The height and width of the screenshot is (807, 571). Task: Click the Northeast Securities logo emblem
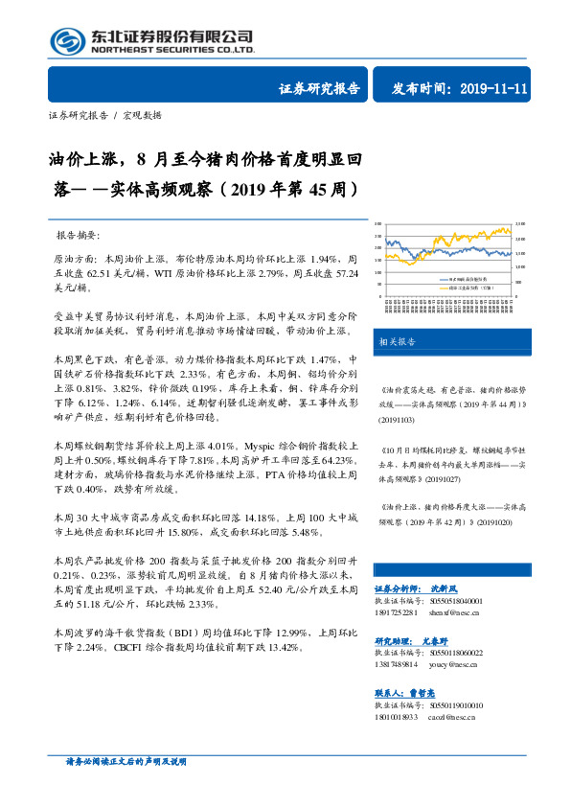coord(67,40)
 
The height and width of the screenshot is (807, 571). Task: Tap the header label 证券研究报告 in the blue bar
coord(319,88)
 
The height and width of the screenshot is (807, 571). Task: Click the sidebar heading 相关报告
coord(396,340)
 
